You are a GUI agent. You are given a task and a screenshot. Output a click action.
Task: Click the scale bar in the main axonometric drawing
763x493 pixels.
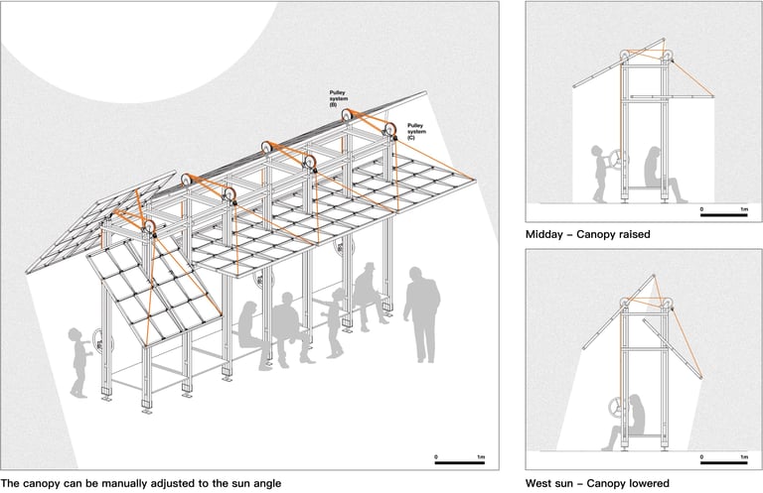click(459, 462)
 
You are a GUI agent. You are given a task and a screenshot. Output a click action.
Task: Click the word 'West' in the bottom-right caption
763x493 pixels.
click(542, 483)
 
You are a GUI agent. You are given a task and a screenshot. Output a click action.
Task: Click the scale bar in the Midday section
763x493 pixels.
click(724, 214)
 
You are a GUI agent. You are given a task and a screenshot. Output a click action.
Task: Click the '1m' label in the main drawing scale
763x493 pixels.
click(481, 455)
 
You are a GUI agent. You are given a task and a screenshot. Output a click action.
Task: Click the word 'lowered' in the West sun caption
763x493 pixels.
click(648, 483)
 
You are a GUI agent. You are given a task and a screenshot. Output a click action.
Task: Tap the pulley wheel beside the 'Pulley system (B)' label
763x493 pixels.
click(349, 116)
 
